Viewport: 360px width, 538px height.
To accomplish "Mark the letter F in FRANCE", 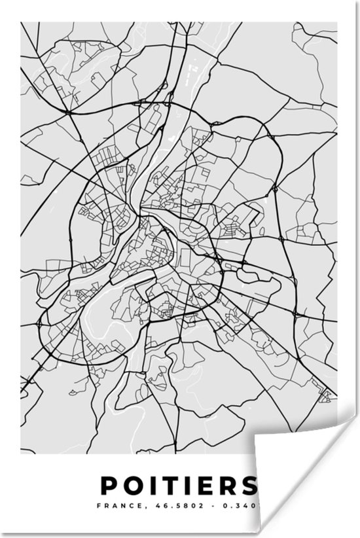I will point(98,506).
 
